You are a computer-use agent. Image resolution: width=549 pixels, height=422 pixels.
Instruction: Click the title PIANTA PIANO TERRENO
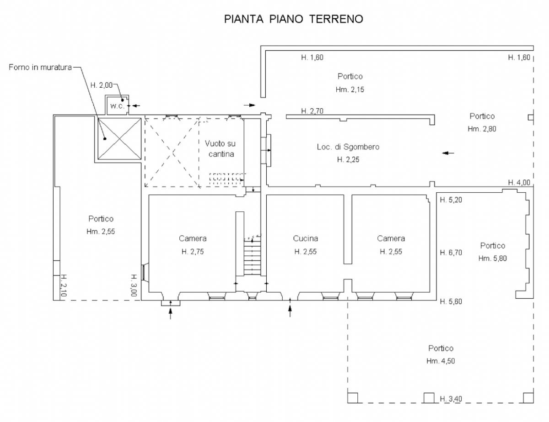tap(294, 19)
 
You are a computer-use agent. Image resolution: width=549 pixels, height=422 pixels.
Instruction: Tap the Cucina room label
tap(306, 238)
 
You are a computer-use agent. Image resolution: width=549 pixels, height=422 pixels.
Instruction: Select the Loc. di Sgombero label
tap(348, 147)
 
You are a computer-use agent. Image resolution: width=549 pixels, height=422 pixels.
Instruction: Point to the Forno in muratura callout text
tap(40, 67)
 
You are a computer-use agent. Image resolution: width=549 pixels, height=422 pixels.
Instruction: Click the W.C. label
tap(118, 106)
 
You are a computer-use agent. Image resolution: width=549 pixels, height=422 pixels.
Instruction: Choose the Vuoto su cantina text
tap(221, 149)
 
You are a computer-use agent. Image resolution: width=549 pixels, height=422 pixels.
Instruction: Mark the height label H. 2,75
tap(193, 252)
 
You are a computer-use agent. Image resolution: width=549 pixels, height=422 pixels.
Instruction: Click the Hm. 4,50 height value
tap(441, 361)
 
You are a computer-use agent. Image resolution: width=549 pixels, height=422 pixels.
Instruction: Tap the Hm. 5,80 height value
tap(492, 258)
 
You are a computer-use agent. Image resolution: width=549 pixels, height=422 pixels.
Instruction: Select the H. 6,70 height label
tap(451, 253)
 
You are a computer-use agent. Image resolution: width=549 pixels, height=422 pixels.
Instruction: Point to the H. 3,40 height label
tap(451, 399)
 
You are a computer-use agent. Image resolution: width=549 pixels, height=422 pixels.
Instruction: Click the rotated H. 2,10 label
tap(64, 285)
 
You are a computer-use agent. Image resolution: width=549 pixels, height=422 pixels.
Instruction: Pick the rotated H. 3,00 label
tap(134, 285)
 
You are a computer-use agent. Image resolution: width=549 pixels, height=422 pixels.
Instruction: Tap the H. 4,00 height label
tap(519, 182)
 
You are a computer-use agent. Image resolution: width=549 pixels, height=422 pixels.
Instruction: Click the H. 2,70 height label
tap(312, 111)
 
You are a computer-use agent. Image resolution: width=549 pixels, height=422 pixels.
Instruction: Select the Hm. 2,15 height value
tap(350, 90)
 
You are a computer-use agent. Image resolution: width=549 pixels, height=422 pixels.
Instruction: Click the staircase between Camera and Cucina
tap(252, 257)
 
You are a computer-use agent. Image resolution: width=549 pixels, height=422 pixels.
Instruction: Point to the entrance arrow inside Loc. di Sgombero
tap(448, 153)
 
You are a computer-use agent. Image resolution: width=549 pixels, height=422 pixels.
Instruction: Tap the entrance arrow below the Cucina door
tap(290, 307)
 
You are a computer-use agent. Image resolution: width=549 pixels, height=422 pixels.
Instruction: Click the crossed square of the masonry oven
tap(119, 139)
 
